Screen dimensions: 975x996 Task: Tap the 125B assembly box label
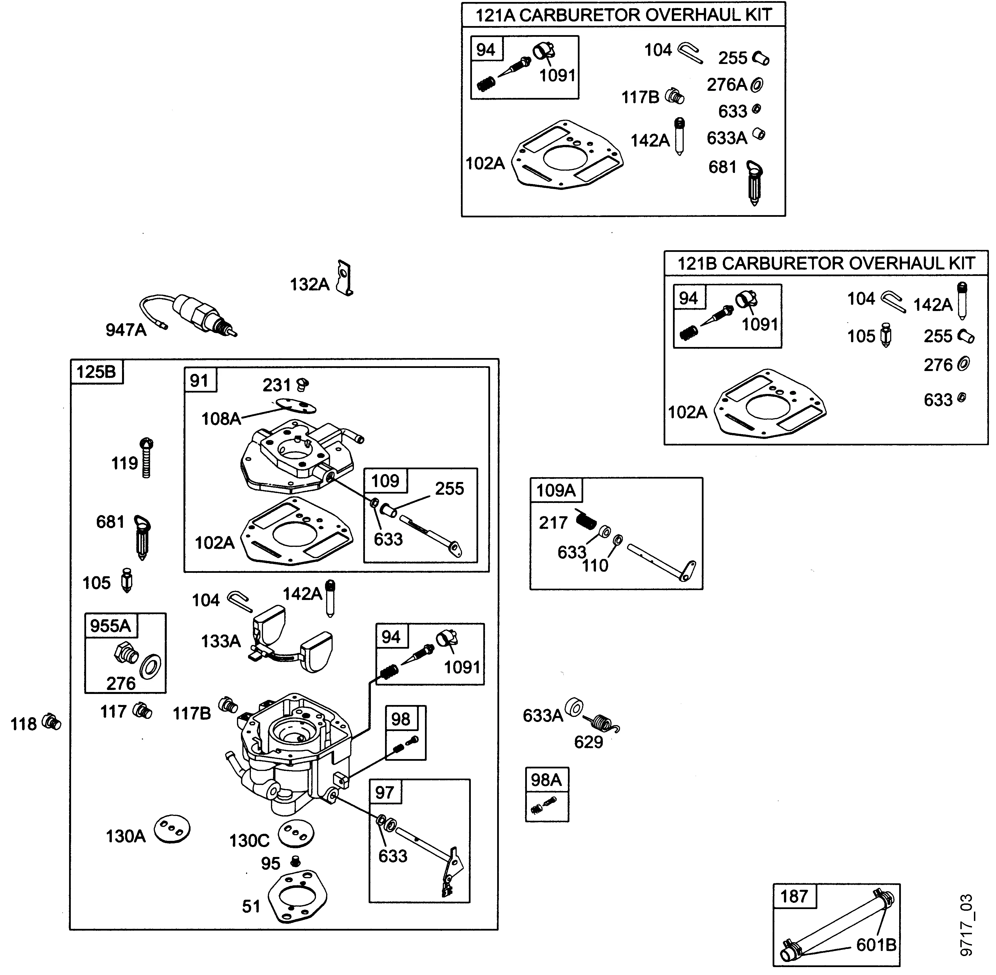pyautogui.click(x=96, y=372)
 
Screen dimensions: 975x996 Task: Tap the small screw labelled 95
pyautogui.click(x=295, y=861)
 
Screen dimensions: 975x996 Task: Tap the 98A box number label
pyautogui.click(x=546, y=780)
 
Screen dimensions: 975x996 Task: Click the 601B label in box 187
pyautogui.click(x=876, y=945)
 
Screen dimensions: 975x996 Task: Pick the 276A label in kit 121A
pyautogui.click(x=726, y=85)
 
